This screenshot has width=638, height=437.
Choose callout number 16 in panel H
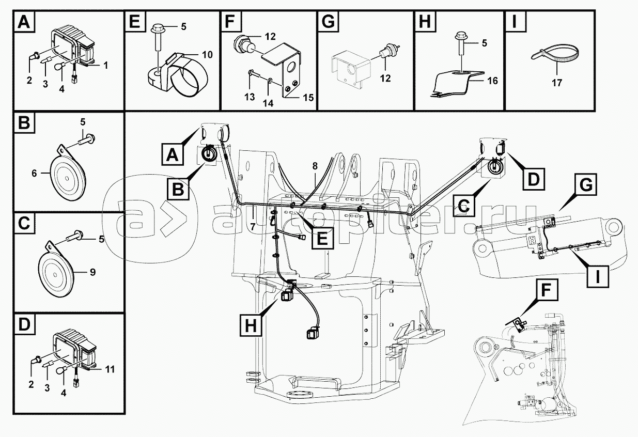(492, 81)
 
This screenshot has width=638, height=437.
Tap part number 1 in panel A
(105, 66)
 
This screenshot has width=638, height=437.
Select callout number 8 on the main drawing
(315, 166)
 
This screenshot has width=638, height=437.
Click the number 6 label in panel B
(35, 173)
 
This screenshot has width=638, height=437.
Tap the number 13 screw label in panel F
(250, 97)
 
